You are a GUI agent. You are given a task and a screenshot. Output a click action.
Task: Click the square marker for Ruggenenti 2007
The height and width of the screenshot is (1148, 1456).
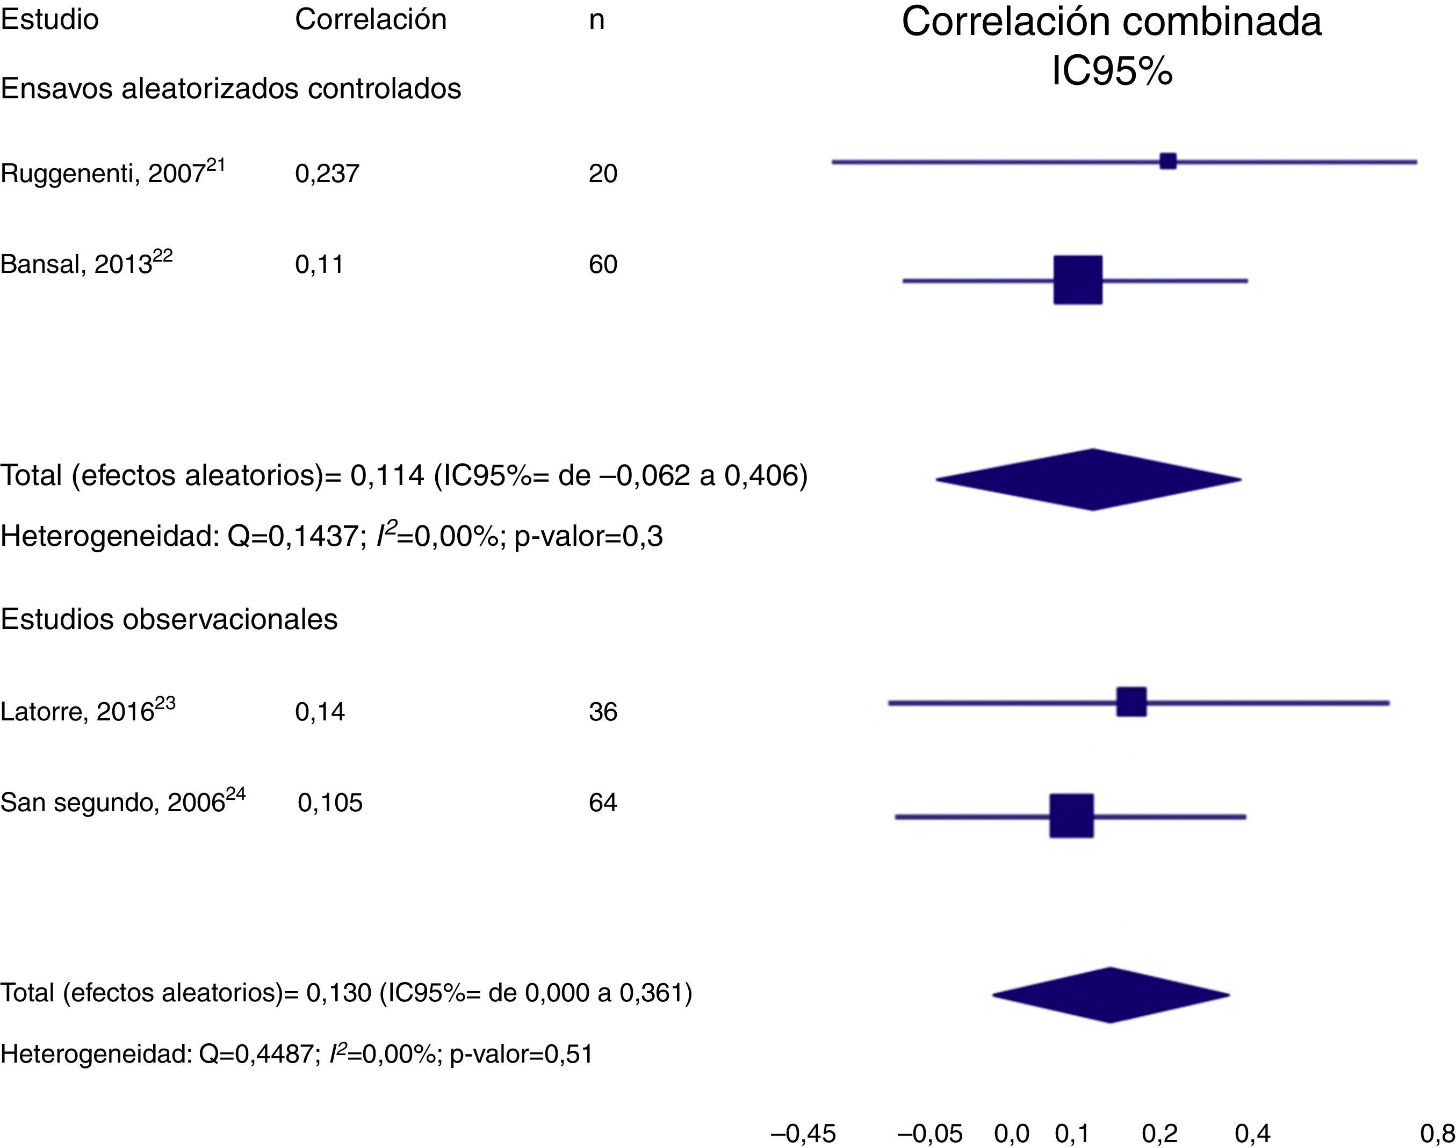pos(1167,161)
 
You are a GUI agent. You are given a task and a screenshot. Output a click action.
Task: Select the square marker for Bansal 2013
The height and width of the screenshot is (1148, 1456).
pos(1078,280)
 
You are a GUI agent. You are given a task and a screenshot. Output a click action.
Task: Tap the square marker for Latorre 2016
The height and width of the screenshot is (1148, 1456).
pos(1131,702)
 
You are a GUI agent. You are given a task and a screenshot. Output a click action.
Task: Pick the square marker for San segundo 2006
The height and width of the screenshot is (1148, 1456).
pos(1071,816)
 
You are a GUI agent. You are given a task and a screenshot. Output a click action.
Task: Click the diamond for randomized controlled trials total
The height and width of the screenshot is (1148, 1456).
pos(1089,479)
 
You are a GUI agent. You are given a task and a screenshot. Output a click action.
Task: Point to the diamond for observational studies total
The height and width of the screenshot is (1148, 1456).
pos(1111,995)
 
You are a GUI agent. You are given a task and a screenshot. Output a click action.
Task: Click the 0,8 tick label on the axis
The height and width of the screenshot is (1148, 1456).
pos(1437,1134)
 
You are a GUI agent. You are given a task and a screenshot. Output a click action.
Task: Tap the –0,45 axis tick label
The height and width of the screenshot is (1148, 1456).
pos(803,1134)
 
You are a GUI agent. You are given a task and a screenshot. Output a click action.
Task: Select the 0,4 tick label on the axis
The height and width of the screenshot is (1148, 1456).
pos(1252,1134)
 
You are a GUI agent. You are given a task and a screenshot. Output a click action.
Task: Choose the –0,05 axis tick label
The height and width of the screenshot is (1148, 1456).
pos(931,1134)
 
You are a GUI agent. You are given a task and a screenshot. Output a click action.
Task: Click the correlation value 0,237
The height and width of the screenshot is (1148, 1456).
pos(327,174)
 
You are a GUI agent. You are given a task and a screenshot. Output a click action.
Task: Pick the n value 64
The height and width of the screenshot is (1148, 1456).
pos(603,803)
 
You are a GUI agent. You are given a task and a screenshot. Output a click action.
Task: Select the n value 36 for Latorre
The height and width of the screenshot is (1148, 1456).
pos(603,712)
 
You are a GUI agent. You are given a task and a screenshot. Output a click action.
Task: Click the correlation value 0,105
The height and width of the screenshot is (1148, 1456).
pos(330,803)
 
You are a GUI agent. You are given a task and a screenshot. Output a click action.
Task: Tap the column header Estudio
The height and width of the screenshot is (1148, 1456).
pos(50,19)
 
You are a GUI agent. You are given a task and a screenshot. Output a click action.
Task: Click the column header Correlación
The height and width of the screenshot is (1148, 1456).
pos(370,19)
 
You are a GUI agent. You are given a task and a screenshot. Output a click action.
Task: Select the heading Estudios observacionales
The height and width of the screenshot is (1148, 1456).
pos(169,619)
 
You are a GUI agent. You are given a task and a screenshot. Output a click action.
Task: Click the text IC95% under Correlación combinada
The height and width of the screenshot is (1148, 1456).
pos(1112,70)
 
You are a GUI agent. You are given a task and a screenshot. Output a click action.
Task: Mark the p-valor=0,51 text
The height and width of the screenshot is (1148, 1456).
pos(522,1053)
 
